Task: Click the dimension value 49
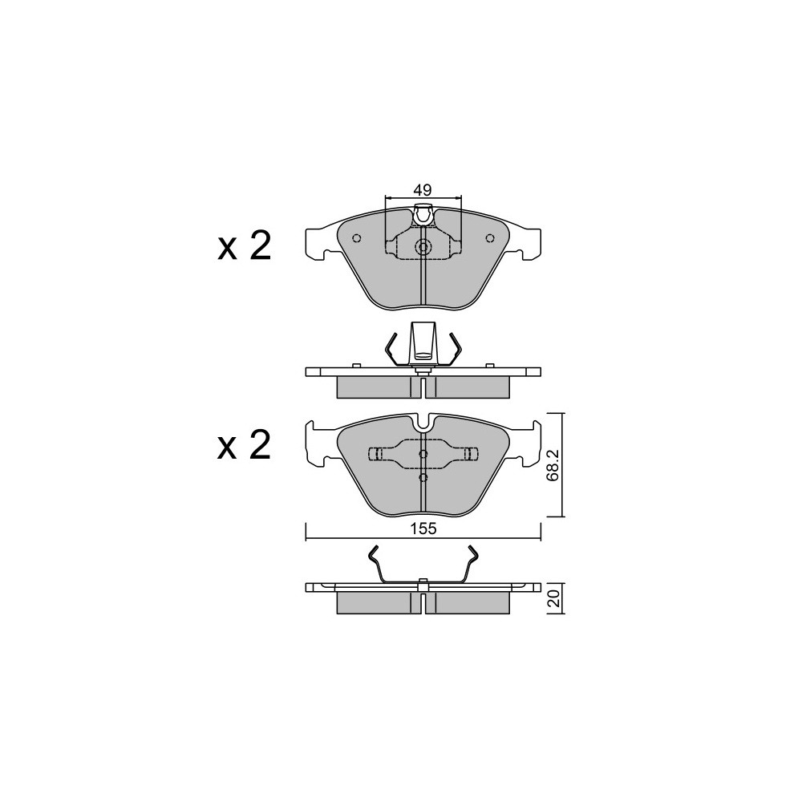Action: [423, 191]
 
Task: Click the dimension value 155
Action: [423, 529]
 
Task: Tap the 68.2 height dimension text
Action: [552, 465]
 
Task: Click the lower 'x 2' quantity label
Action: [244, 444]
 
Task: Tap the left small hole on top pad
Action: [357, 238]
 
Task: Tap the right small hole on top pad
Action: [489, 238]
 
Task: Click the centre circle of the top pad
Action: [423, 248]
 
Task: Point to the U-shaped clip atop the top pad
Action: [423, 215]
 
